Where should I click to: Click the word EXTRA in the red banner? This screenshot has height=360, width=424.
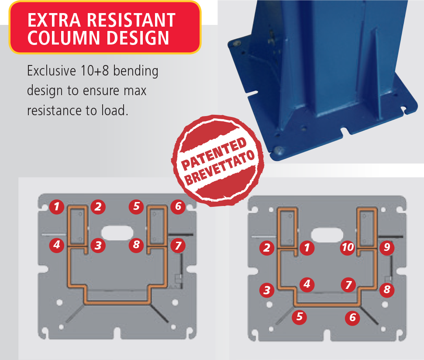[54, 20]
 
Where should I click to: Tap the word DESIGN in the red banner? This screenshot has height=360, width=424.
[138, 38]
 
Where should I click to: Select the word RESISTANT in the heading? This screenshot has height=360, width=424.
[131, 20]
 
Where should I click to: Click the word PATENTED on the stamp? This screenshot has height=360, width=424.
[214, 154]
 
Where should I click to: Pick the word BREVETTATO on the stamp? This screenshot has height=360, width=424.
[220, 167]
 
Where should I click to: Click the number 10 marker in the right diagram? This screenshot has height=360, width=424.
[348, 247]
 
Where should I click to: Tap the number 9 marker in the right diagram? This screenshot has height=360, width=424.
[387, 247]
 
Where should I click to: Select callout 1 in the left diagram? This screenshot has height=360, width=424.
[56, 207]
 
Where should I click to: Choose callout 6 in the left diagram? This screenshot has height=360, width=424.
[178, 206]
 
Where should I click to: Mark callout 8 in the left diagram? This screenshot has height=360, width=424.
[136, 245]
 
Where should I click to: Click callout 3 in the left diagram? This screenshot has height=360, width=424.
[98, 245]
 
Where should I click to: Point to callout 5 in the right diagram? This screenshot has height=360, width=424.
[300, 317]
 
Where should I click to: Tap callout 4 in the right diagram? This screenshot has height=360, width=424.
[307, 285]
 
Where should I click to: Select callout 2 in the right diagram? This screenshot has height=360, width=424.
[267, 248]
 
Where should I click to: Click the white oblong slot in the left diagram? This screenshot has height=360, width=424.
[117, 233]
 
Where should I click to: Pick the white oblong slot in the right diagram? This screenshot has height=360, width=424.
[327, 235]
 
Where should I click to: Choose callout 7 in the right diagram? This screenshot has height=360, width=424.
[348, 285]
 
